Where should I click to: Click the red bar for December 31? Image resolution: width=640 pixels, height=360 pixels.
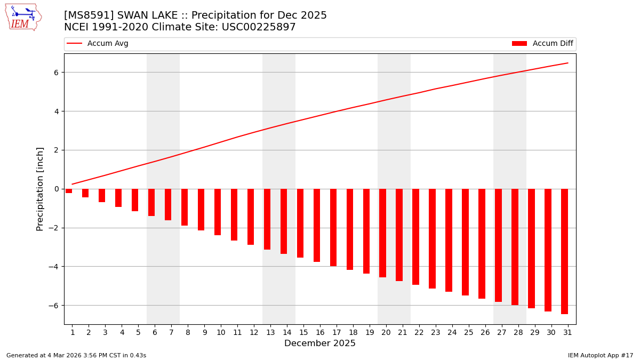coord(564,251)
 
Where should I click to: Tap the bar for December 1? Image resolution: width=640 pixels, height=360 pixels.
coord(69,191)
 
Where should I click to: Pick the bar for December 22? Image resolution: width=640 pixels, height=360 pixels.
coord(415,236)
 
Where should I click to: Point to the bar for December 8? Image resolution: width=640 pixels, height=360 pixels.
coord(185,207)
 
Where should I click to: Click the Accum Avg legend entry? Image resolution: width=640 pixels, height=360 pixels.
coord(98,44)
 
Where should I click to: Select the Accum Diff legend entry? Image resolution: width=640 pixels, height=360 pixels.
coord(542,44)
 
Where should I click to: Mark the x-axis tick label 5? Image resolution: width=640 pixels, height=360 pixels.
coord(138,332)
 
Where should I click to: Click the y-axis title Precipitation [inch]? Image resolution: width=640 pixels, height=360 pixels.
coord(40,189)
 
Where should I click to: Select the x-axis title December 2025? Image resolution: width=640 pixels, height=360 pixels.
coord(319,343)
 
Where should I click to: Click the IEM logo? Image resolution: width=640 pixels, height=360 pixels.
coord(23,17)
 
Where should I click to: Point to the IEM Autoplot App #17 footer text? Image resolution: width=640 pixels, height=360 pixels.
coord(601,355)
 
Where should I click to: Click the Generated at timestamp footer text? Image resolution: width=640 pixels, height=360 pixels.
coord(76,355)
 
